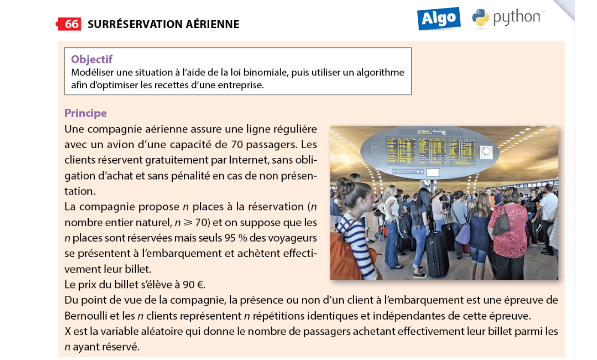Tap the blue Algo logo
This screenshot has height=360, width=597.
(x=439, y=18)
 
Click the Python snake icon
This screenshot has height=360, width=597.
(x=480, y=18)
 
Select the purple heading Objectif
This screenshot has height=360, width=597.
(x=92, y=59)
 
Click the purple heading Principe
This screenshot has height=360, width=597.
(x=85, y=113)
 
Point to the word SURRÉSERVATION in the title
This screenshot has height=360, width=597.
(x=131, y=24)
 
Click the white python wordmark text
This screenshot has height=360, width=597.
(x=516, y=18)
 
